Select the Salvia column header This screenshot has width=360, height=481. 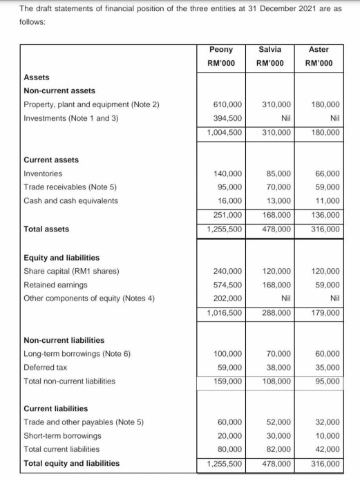(x=269, y=50)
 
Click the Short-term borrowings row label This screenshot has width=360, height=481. (x=62, y=436)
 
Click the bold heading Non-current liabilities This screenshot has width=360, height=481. (x=64, y=340)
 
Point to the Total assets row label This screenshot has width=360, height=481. (x=46, y=229)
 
